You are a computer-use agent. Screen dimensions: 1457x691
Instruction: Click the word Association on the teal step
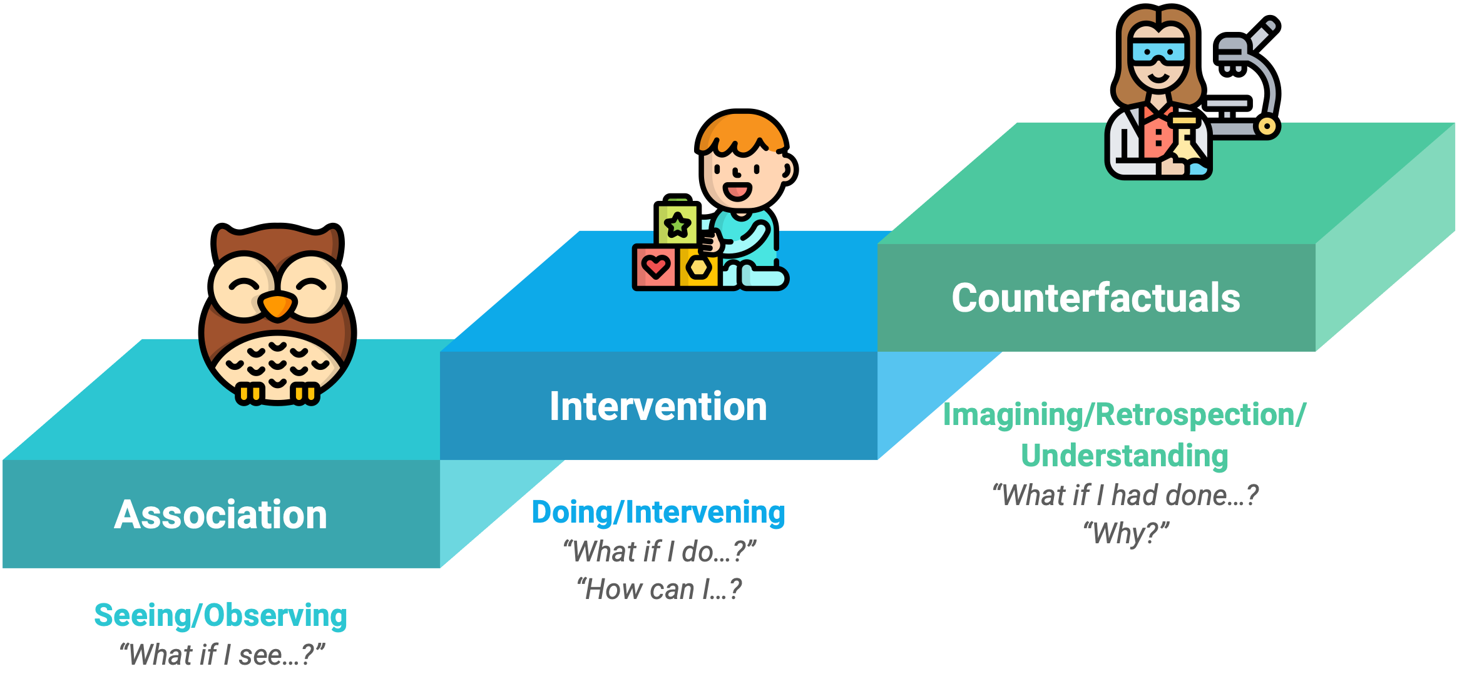pyautogui.click(x=221, y=514)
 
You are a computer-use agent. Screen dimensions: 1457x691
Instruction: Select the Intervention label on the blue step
pyautogui.click(x=658, y=406)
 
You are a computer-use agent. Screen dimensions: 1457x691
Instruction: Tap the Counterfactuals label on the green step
pyautogui.click(x=1096, y=297)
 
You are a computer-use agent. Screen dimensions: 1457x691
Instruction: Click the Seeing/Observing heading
pyautogui.click(x=220, y=615)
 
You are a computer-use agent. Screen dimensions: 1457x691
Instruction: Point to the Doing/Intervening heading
pyautogui.click(x=658, y=512)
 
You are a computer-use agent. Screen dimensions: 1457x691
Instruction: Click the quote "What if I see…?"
pyautogui.click(x=222, y=655)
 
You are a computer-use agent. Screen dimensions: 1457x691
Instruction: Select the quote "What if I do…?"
pyautogui.click(x=659, y=551)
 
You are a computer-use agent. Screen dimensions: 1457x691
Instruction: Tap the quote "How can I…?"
pyautogui.click(x=659, y=589)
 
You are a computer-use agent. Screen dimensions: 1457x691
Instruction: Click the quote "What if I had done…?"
pyautogui.click(x=1125, y=495)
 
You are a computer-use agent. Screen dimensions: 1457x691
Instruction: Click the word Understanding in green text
pyautogui.click(x=1125, y=455)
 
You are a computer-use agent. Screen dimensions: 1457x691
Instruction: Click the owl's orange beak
pyautogui.click(x=277, y=305)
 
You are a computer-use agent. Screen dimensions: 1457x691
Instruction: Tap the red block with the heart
pyautogui.click(x=655, y=268)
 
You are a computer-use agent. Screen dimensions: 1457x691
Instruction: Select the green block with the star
pyautogui.click(x=677, y=221)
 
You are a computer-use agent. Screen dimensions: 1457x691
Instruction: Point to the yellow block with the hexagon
pyautogui.click(x=698, y=268)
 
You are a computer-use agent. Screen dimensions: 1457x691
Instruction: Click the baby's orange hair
pyautogui.click(x=742, y=132)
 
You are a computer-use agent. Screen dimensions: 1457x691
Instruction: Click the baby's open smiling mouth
pyautogui.click(x=737, y=190)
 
